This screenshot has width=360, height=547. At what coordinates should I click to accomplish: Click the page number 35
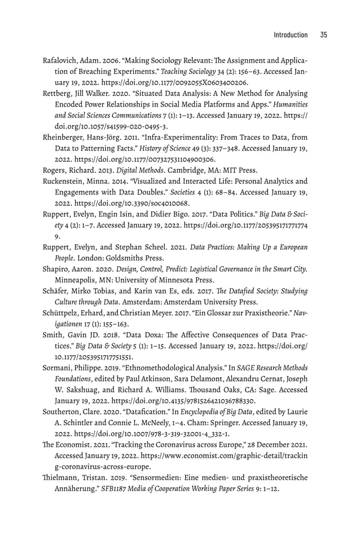click(323, 35)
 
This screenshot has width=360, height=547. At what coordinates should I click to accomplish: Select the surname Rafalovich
click(58, 60)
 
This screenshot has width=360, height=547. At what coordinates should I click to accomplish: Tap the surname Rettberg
click(56, 93)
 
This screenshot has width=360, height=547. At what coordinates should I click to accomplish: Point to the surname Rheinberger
click(64, 137)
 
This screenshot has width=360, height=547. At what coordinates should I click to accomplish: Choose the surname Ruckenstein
click(65, 181)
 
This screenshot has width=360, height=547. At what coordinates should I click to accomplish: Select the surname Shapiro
click(56, 268)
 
